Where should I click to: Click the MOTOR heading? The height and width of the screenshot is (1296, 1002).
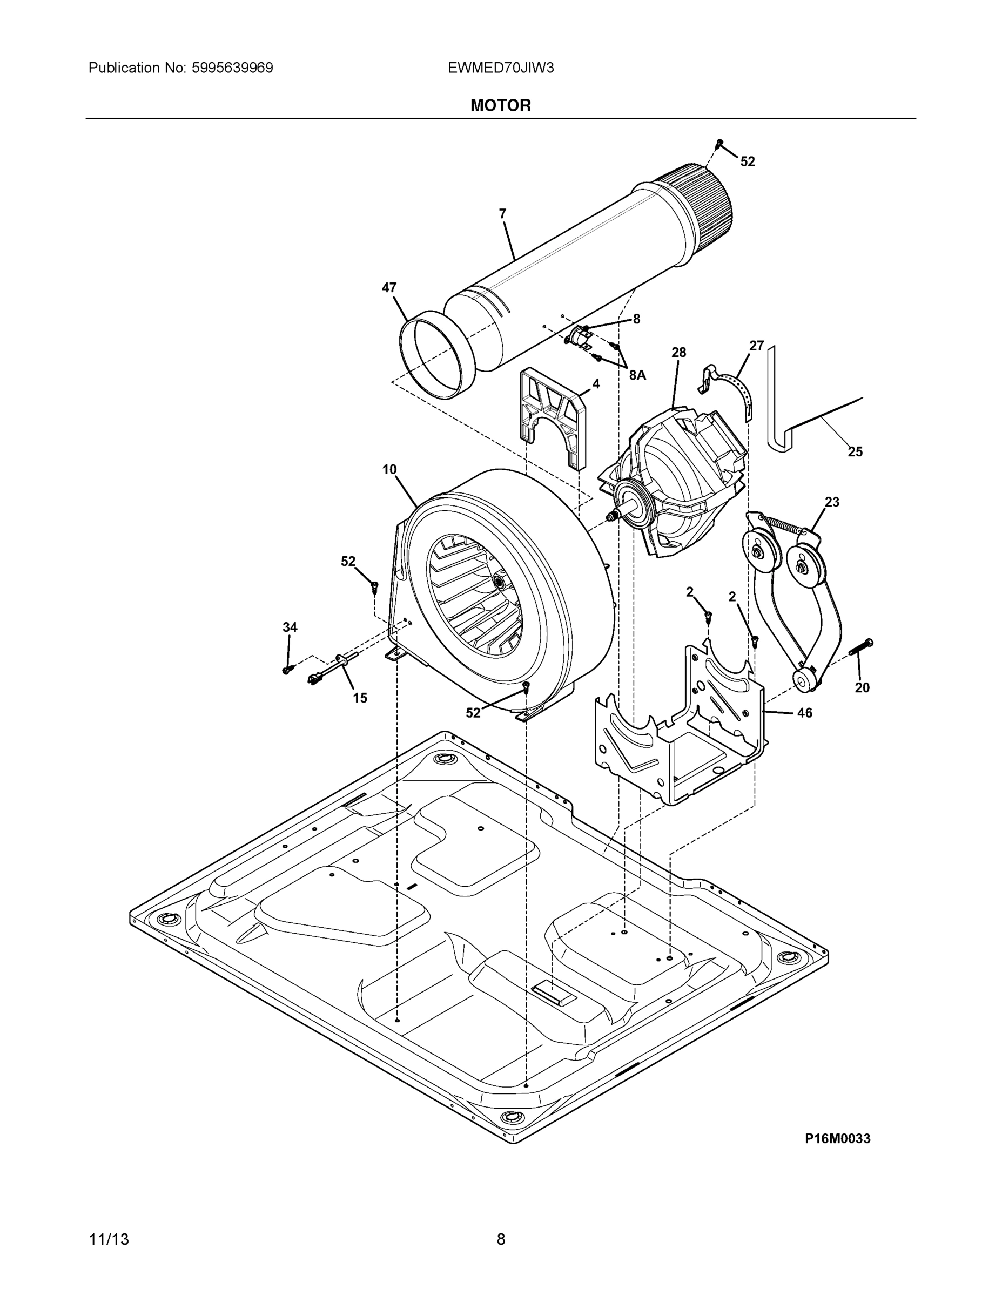[500, 106]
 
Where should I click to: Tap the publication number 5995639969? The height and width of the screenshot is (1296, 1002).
[232, 68]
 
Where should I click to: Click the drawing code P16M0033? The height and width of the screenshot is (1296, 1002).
[837, 1138]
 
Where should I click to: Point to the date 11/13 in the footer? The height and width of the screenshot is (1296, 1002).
[109, 1239]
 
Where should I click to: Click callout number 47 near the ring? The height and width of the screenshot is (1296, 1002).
[389, 288]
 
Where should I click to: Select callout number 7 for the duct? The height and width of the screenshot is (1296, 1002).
[502, 214]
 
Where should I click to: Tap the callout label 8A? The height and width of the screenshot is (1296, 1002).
[637, 375]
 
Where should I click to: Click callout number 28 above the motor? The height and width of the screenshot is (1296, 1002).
[678, 353]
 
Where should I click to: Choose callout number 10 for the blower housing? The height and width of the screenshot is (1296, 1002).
[389, 469]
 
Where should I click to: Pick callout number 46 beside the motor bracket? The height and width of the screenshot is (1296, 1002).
[804, 713]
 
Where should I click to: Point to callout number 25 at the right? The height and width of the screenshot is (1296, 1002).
[855, 451]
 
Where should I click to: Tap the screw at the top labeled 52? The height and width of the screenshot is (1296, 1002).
[719, 143]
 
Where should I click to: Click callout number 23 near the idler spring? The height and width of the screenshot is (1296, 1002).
[832, 502]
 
